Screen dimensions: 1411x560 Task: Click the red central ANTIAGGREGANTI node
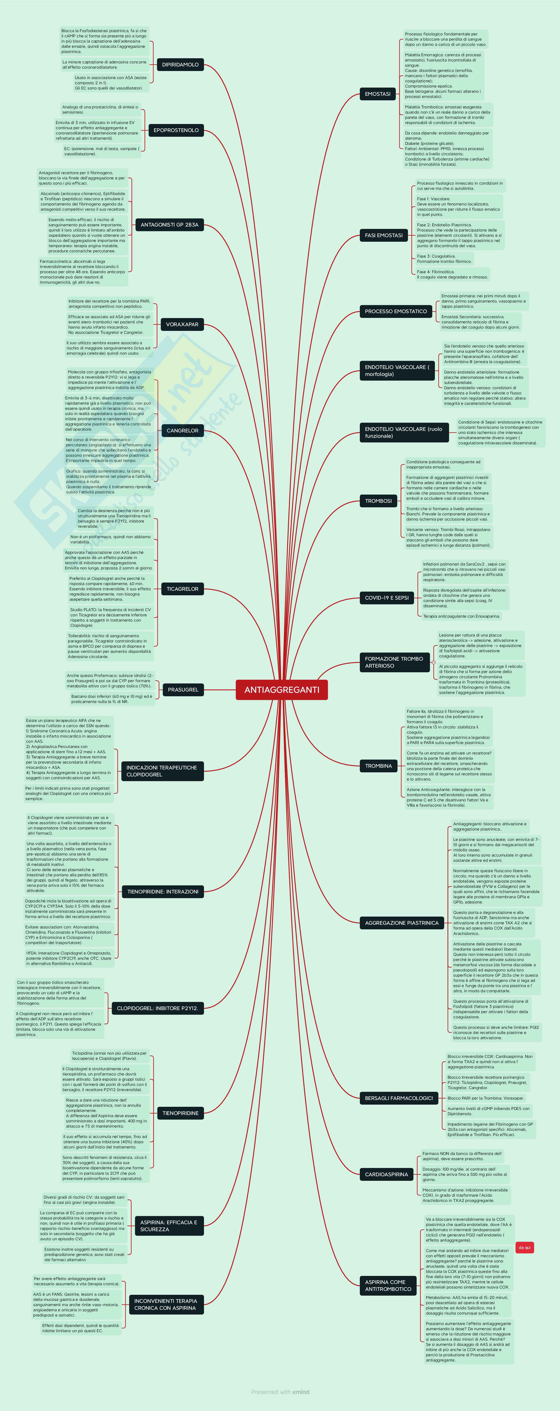click(282, 690)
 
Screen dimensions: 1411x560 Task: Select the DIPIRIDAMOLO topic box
click(180, 65)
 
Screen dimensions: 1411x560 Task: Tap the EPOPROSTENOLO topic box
click(176, 130)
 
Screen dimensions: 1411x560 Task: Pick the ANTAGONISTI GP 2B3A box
click(169, 225)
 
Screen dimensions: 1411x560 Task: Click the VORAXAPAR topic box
click(182, 324)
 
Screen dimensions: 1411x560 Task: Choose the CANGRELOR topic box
click(182, 430)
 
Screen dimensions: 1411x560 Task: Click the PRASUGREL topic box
click(183, 690)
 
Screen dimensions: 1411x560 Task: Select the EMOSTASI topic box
click(378, 94)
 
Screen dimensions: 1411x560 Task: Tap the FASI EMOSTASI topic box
click(384, 236)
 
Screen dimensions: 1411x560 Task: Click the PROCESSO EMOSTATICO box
click(396, 311)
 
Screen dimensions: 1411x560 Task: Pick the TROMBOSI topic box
click(379, 501)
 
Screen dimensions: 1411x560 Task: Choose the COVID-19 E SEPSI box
click(386, 598)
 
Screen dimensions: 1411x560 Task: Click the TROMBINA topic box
click(379, 766)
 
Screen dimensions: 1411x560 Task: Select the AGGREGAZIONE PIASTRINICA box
click(402, 923)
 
